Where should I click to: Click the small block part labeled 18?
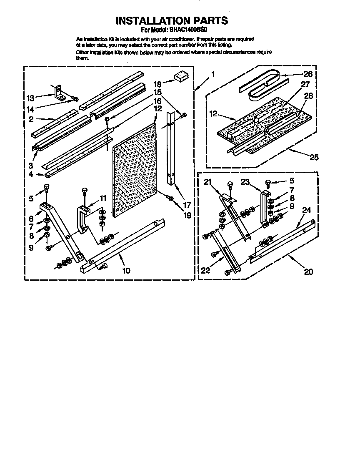180,76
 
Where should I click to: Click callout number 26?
307,75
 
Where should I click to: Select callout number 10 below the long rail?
126,271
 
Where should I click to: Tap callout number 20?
308,272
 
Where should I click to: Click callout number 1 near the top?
212,75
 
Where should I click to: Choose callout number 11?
102,198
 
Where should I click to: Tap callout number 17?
187,205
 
